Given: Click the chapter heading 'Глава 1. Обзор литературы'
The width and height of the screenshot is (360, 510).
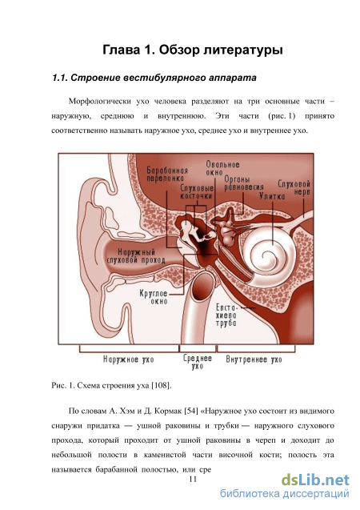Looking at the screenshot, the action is click(193, 50).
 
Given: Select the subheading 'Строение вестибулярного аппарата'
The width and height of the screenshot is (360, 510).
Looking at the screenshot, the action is click(163, 78).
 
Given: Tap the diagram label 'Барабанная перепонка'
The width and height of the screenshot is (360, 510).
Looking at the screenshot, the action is click(167, 175).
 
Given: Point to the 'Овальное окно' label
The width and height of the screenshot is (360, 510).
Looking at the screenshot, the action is click(222, 168).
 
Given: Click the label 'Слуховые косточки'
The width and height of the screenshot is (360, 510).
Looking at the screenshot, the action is click(197, 192).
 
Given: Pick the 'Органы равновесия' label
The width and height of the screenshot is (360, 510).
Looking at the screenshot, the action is click(244, 183).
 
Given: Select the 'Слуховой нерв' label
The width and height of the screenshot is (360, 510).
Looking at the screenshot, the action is click(294, 187).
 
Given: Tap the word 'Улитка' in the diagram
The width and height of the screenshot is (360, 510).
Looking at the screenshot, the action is click(272, 196).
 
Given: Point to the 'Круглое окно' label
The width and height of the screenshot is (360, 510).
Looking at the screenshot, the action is click(154, 297).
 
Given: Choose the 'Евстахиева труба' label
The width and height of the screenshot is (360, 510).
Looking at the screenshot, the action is click(226, 315).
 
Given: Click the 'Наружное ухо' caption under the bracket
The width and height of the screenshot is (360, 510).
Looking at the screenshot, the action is click(128, 359).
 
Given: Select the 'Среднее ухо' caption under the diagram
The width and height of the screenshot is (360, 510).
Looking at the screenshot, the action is click(198, 362).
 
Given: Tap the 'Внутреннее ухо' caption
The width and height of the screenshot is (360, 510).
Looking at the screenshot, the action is click(254, 359).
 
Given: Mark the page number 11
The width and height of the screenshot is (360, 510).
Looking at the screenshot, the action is click(193, 480).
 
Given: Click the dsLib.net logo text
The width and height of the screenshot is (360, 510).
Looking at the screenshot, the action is click(315, 480).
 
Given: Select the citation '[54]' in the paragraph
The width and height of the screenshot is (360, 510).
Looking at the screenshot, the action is click(191, 412).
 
